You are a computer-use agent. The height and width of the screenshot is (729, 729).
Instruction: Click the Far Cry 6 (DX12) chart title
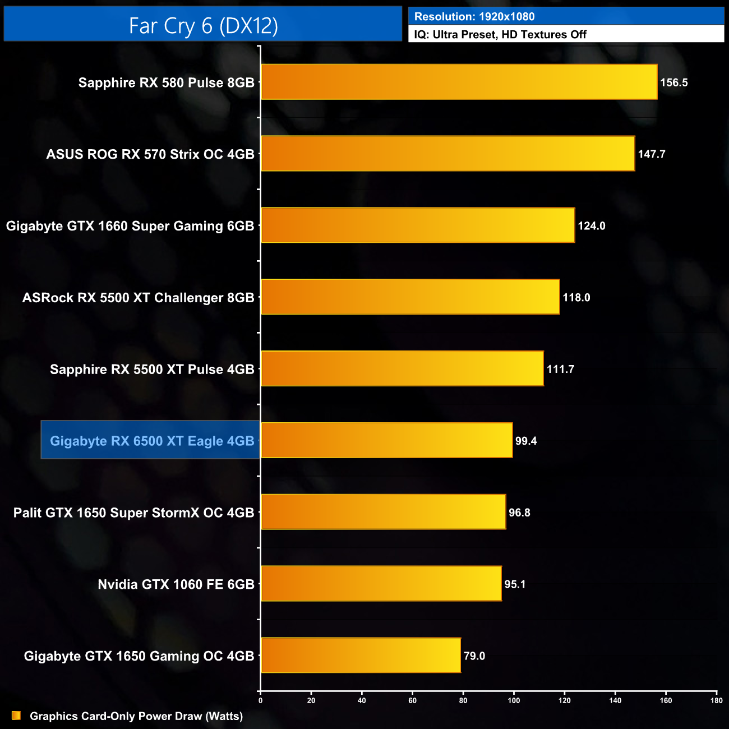click(x=203, y=26)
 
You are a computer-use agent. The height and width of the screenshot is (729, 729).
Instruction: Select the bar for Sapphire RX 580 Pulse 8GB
click(x=459, y=82)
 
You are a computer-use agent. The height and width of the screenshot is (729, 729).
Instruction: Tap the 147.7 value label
click(x=652, y=154)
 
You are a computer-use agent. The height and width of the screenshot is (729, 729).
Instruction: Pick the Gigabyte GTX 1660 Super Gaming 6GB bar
click(x=418, y=225)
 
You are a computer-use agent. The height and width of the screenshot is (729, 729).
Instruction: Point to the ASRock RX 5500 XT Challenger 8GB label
click(x=138, y=298)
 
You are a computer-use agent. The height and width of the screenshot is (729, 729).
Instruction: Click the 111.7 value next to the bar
click(x=560, y=369)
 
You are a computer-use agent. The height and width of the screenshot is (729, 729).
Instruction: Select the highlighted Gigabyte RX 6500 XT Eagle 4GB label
click(x=151, y=441)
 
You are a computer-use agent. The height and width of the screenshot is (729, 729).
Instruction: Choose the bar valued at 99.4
click(x=387, y=441)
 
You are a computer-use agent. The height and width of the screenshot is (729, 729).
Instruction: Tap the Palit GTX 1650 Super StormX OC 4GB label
click(x=133, y=513)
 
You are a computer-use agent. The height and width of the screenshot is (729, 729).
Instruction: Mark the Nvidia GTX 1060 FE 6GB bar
click(x=381, y=584)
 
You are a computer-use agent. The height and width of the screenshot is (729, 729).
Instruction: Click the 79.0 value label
click(x=474, y=656)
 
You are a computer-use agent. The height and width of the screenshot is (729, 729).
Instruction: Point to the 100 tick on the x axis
click(x=514, y=700)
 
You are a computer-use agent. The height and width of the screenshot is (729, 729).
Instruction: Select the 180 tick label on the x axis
click(x=716, y=700)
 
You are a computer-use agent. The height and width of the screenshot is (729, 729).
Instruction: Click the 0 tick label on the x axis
click(x=260, y=700)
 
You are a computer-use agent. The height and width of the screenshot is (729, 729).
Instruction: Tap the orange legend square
click(x=16, y=716)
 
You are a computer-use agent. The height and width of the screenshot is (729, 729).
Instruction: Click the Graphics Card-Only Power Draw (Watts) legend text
click(x=136, y=716)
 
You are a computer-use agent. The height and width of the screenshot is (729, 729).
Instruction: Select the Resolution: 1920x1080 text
click(x=474, y=17)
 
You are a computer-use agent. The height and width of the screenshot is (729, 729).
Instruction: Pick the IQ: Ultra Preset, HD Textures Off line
click(x=500, y=35)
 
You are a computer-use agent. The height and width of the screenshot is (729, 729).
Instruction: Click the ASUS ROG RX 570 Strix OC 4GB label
click(x=150, y=154)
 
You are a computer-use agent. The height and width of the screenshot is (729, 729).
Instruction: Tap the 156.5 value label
click(x=673, y=82)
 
